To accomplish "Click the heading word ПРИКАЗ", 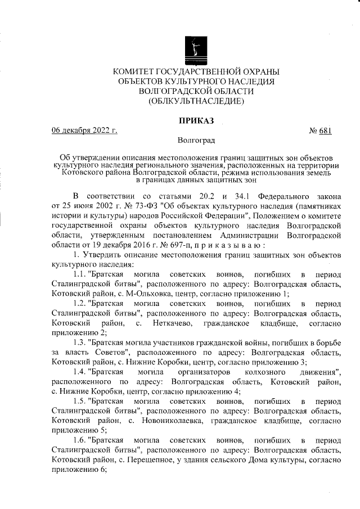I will click(196, 120).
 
